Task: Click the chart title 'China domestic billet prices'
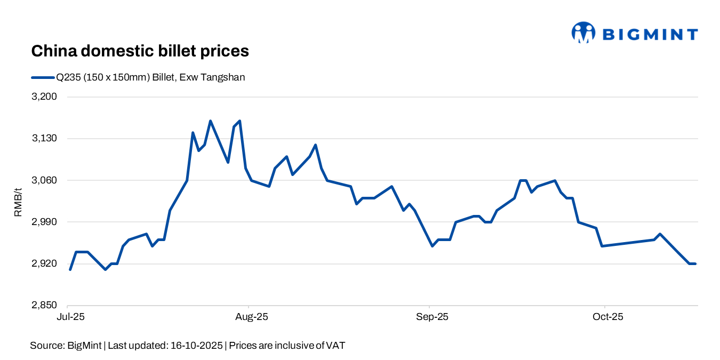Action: point(140,51)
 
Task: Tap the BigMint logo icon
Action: point(583,33)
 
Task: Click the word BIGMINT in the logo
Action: point(650,35)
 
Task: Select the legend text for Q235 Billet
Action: point(151,77)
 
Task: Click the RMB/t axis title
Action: point(18,201)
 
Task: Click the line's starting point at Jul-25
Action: point(70,269)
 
